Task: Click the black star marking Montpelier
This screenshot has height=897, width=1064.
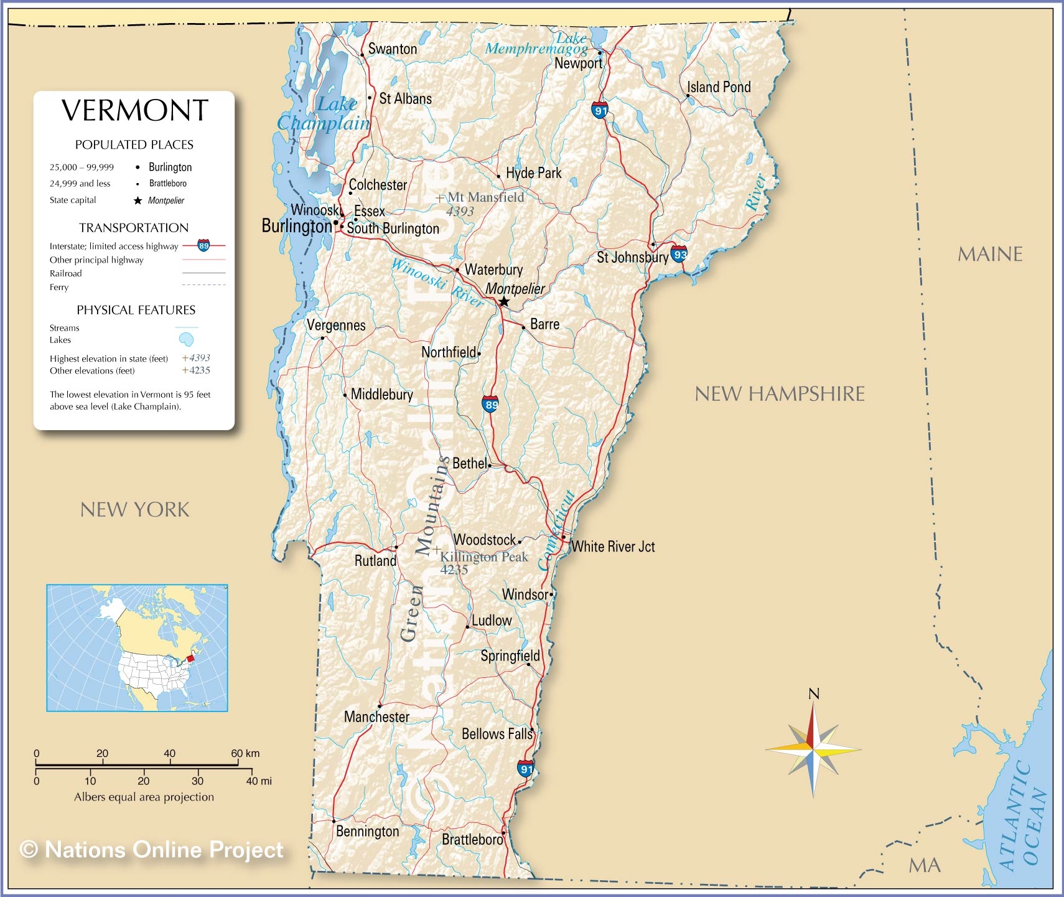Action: (x=504, y=302)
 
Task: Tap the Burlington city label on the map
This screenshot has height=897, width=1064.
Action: (x=296, y=226)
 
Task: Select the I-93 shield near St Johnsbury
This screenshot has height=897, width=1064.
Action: (x=679, y=253)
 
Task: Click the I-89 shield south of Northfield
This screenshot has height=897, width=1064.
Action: (x=491, y=404)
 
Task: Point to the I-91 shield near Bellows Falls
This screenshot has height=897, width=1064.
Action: (x=526, y=768)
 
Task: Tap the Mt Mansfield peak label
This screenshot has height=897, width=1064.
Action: (x=485, y=197)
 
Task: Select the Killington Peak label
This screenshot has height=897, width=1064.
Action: (x=484, y=557)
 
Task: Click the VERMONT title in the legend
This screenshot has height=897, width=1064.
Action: (x=134, y=111)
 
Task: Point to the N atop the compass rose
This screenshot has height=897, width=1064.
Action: (x=813, y=693)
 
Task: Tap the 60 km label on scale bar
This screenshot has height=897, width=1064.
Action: (x=245, y=753)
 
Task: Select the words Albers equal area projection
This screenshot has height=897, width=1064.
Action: (x=144, y=797)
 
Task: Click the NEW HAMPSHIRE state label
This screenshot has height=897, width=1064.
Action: (x=780, y=393)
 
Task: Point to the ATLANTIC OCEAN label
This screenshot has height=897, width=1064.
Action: (x=1024, y=815)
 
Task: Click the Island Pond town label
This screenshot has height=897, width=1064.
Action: (x=719, y=87)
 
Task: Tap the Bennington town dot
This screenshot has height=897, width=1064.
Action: (x=334, y=821)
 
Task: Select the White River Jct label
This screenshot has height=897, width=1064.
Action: (x=613, y=547)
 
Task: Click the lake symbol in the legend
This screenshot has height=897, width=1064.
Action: (x=186, y=339)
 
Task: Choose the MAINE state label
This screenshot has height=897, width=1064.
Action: (x=990, y=254)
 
